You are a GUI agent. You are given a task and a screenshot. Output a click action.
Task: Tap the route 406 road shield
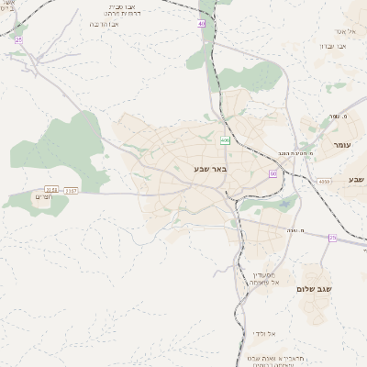225,140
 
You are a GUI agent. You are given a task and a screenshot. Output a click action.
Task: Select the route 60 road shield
272,173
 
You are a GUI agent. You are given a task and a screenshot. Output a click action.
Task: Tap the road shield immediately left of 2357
51,189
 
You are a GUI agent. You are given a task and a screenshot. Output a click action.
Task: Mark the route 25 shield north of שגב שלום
332,238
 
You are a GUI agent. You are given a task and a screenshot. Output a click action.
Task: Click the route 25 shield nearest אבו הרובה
17,39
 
